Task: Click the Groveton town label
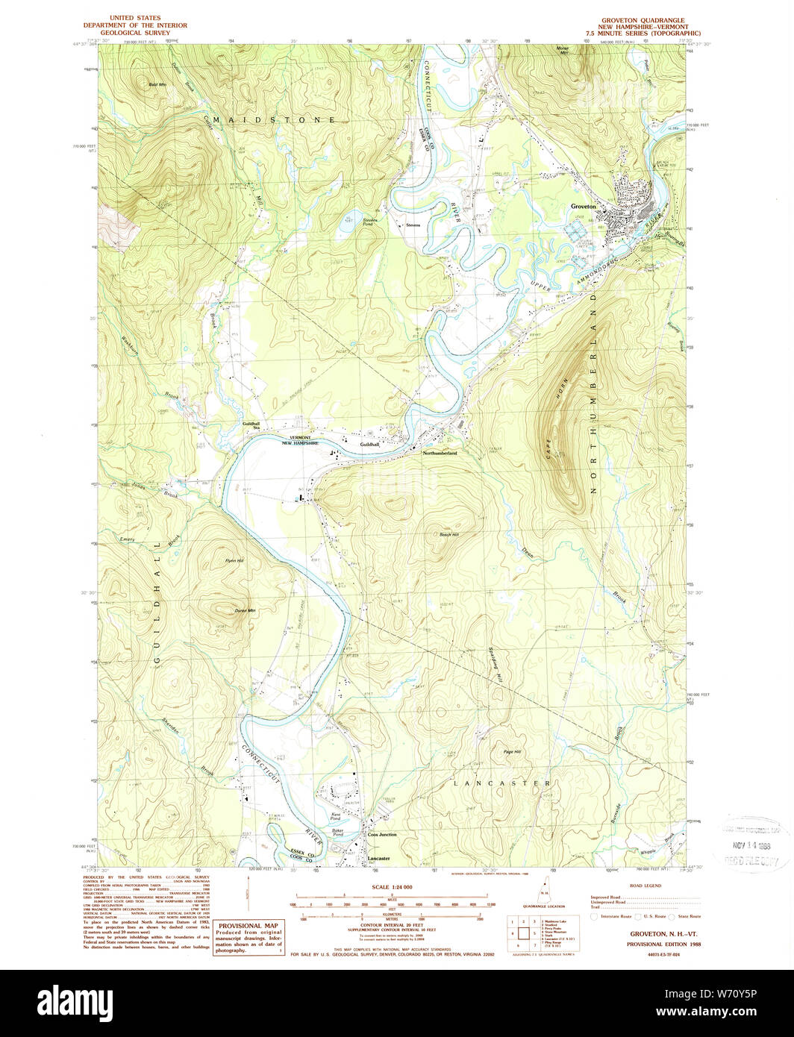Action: tap(583, 206)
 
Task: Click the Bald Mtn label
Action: tap(157, 85)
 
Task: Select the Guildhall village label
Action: tap(370, 444)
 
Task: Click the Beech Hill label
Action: tap(449, 534)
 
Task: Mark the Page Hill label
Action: tap(512, 751)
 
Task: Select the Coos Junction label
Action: tap(382, 834)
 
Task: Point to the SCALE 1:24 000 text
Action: tap(392, 886)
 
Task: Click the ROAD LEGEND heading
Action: tap(645, 886)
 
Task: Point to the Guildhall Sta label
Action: tap(251, 425)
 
